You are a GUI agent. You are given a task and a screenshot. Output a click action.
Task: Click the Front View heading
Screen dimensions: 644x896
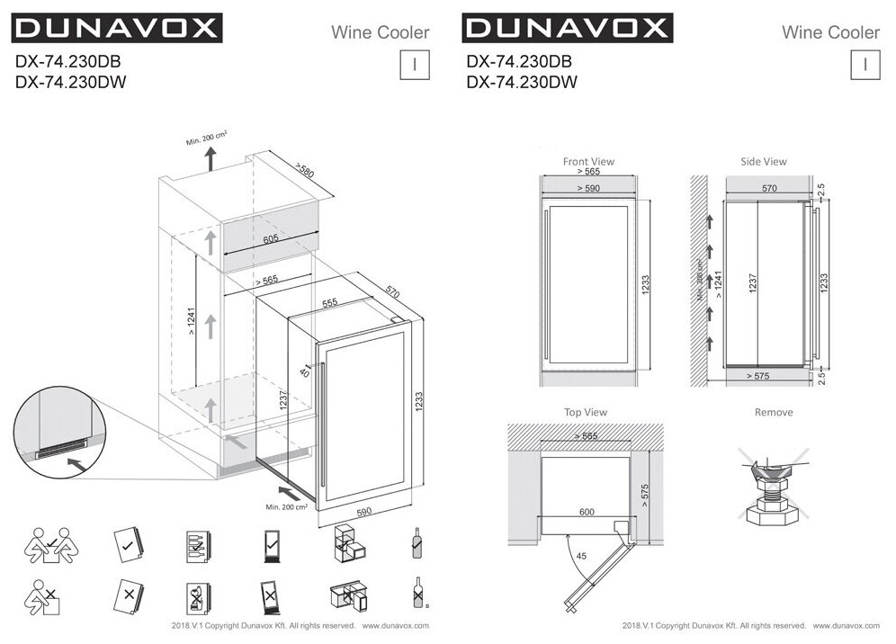tap(588, 162)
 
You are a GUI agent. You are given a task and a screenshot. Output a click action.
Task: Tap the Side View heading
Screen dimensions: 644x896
tap(763, 162)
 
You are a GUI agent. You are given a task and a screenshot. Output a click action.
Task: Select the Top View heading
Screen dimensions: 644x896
tap(585, 412)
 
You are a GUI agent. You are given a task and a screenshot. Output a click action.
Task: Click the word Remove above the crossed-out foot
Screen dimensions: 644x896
tap(774, 412)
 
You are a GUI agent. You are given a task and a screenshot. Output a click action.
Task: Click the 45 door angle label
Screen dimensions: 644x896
tap(582, 557)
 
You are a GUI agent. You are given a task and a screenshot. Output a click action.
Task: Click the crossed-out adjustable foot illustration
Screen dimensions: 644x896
tap(773, 482)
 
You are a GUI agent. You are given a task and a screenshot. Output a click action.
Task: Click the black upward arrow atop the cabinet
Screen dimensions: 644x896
tap(210, 160)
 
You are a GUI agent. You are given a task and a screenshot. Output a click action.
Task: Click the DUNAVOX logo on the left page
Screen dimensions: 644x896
tap(116, 28)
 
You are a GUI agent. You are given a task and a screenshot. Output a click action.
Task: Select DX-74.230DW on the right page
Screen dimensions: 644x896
tap(522, 82)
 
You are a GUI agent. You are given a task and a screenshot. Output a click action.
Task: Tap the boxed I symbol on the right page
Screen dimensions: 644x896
tap(865, 65)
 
